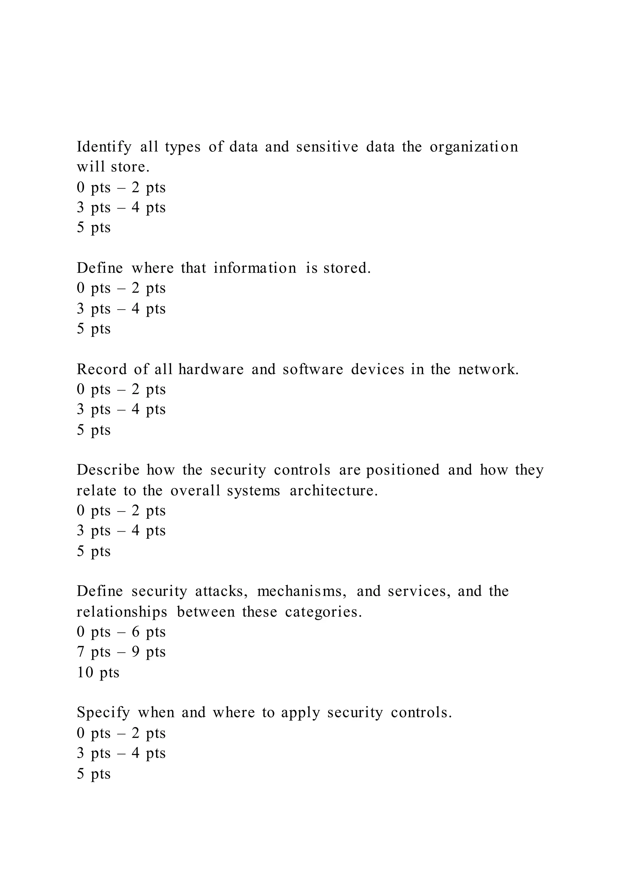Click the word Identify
click(104, 147)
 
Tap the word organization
click(474, 147)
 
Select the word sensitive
click(327, 147)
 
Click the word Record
click(102, 369)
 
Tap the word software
click(313, 369)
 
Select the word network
click(488, 369)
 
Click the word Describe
click(108, 470)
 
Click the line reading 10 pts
click(98, 672)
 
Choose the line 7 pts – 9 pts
click(121, 652)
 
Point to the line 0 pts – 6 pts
click(121, 632)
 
